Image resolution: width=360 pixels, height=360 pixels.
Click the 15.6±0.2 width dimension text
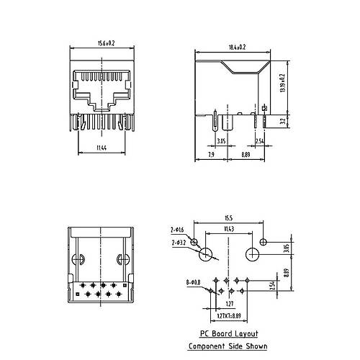(x=104, y=44)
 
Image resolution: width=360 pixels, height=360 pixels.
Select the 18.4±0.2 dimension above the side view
(x=237, y=48)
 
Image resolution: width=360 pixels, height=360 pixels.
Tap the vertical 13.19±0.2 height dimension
(x=283, y=85)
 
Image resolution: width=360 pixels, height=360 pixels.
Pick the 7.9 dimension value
(x=210, y=155)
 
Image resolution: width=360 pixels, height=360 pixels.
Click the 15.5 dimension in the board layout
(x=228, y=217)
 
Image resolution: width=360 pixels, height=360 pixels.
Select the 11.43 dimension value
(x=229, y=230)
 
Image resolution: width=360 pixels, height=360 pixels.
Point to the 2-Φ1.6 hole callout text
(x=178, y=229)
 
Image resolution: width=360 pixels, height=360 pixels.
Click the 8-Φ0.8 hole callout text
(x=193, y=283)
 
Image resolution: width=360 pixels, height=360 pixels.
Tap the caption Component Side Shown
(x=228, y=346)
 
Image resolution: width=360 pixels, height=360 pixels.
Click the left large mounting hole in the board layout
(x=207, y=253)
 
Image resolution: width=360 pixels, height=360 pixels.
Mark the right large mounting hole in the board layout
(x=253, y=253)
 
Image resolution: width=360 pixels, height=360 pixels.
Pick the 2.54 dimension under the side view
(x=259, y=142)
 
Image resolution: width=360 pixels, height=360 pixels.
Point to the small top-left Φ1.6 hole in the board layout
(x=193, y=240)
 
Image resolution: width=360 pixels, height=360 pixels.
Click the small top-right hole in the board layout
(x=264, y=240)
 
